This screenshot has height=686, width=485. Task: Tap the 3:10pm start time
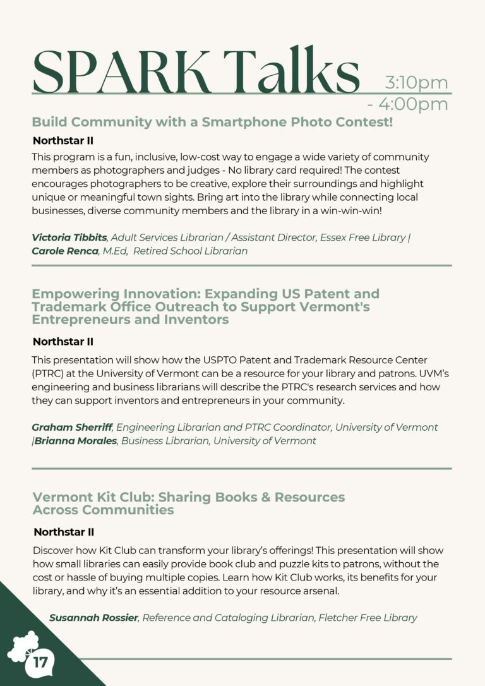416,83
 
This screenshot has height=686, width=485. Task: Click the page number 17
40,663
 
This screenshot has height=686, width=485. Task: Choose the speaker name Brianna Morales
76,440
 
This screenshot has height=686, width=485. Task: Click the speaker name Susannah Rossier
93,617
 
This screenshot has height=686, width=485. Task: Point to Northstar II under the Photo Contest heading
63,140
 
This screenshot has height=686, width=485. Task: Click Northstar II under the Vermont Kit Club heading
64,532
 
